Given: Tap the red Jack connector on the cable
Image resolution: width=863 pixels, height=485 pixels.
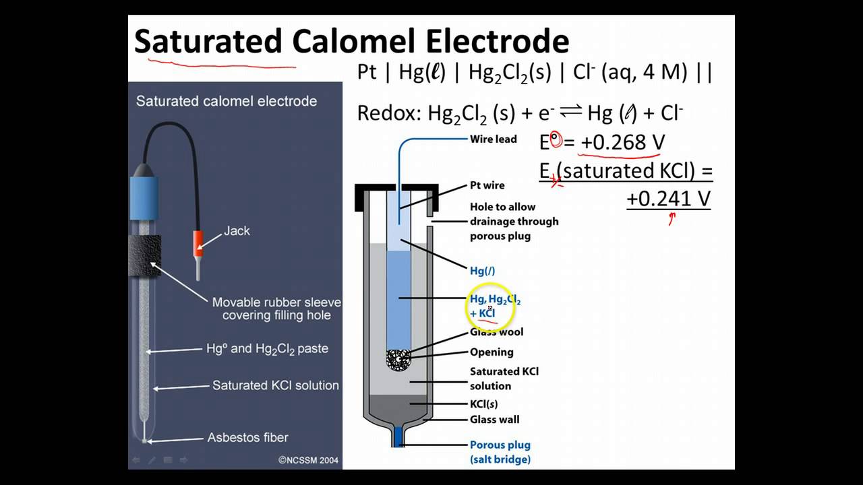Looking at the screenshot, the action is pyautogui.click(x=199, y=243).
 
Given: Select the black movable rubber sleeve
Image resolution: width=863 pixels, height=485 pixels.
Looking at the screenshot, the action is pyautogui.click(x=144, y=256).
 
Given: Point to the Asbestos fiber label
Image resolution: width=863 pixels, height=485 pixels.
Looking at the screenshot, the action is pyautogui.click(x=247, y=438).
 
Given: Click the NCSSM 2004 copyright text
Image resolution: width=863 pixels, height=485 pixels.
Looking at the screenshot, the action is pyautogui.click(x=309, y=461).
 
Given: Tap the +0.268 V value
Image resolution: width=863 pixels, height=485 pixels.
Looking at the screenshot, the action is pyautogui.click(x=623, y=143).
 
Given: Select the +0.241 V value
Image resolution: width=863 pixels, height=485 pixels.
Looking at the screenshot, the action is pyautogui.click(x=668, y=199).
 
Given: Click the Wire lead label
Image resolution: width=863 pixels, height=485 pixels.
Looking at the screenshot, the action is pyautogui.click(x=493, y=139).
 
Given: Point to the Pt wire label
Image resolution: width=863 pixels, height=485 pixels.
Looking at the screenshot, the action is pyautogui.click(x=487, y=185).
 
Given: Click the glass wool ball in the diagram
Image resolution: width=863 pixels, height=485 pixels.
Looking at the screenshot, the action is pyautogui.click(x=398, y=359).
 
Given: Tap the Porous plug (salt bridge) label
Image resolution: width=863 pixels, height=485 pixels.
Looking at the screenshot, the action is pyautogui.click(x=500, y=452).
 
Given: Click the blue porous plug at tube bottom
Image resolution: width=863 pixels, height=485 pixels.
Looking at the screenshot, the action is pyautogui.click(x=398, y=436).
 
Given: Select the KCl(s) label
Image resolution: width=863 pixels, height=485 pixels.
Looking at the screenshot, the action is pyautogui.click(x=484, y=405).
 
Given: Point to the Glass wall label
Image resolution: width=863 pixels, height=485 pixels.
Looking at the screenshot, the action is pyautogui.click(x=494, y=420).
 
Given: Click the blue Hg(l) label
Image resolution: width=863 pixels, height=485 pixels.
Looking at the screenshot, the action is pyautogui.click(x=482, y=271).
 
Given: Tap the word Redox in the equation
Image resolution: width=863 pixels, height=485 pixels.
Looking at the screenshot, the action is pyautogui.click(x=388, y=113).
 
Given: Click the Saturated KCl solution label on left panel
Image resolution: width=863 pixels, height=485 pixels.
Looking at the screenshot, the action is pyautogui.click(x=275, y=385).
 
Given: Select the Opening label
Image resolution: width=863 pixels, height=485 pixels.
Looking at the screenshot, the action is pyautogui.click(x=492, y=352).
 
